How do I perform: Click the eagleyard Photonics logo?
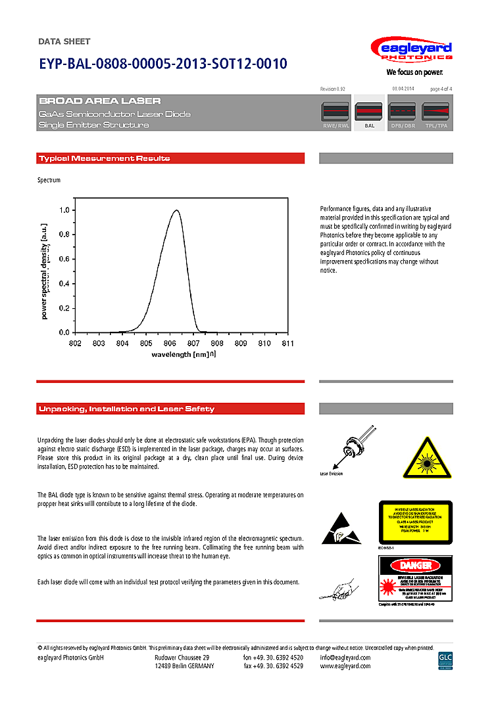pos(411,51)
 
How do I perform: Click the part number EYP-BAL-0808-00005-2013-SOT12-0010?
pos(162,64)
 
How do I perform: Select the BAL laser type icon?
pos(369,112)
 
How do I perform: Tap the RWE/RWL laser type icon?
pos(335,112)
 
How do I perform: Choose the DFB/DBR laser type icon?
pos(403,112)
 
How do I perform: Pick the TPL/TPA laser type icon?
pos(437,112)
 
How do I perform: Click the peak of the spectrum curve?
pos(176,211)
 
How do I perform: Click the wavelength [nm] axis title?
pos(182,354)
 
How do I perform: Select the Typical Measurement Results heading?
pos(105,158)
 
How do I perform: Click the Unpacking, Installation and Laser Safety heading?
pos(126,409)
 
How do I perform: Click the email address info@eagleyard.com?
pos(345,658)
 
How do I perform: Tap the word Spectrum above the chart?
pos(49,180)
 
